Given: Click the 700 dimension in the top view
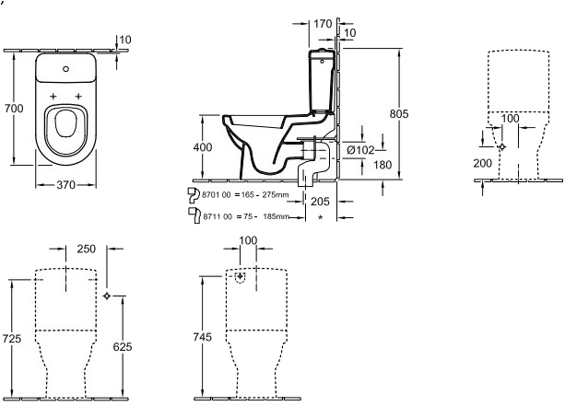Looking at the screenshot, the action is (14, 108).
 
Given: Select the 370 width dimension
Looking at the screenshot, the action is (66, 185).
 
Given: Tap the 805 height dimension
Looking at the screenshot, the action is (399, 114).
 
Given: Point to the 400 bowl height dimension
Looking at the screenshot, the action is (203, 147).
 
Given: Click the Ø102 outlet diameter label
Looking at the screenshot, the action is (360, 150).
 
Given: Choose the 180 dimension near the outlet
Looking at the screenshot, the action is (383, 165).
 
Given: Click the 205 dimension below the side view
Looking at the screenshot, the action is (320, 202).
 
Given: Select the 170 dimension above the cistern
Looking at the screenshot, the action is (323, 24).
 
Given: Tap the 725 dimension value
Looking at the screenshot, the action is (12, 339).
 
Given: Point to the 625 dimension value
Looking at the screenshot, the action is (123, 346).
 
